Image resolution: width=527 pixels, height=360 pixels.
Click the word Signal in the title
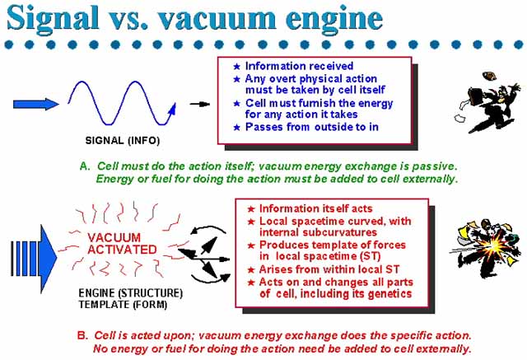click(53, 18)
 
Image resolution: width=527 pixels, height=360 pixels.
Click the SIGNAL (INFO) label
click(123, 140)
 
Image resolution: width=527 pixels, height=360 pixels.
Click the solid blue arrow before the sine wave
click(36, 104)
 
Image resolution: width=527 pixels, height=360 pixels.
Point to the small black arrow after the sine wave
click(199, 104)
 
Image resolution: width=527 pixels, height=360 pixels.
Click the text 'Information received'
click(299, 66)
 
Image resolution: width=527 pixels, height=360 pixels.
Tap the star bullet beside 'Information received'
click(236, 67)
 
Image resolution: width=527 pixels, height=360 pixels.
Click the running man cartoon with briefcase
click(488, 102)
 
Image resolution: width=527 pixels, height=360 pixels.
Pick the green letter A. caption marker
click(85, 166)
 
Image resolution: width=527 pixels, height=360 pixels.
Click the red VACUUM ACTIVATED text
click(122, 244)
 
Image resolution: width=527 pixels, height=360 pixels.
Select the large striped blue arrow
click(34, 259)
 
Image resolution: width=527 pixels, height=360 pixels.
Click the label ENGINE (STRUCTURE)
click(131, 292)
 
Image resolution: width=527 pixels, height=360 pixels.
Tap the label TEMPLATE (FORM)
click(123, 305)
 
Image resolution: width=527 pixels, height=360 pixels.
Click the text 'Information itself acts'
click(316, 208)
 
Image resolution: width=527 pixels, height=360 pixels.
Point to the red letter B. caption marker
click(82, 335)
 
